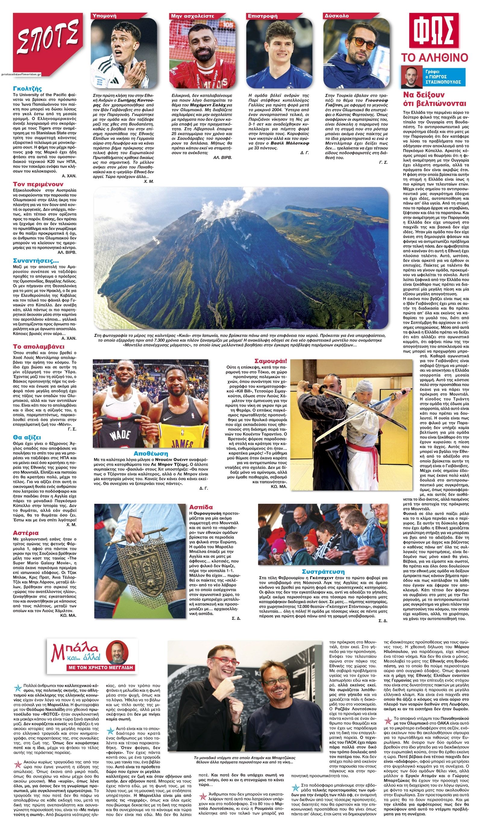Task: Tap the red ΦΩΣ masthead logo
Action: click(x=434, y=31)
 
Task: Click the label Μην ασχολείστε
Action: click(x=192, y=15)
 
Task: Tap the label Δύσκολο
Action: click(x=336, y=15)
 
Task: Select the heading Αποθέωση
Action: click(x=150, y=453)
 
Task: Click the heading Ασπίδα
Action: click(x=201, y=507)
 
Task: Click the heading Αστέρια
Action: click(x=26, y=533)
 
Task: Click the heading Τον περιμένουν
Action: click(x=38, y=184)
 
